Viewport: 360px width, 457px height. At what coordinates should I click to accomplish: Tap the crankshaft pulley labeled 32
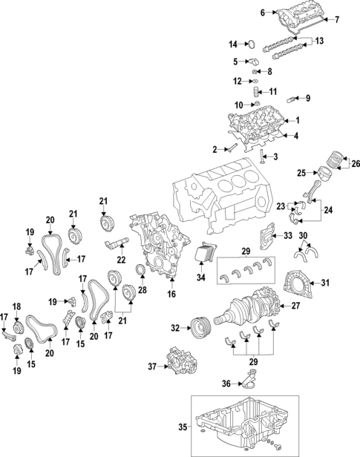[199, 327]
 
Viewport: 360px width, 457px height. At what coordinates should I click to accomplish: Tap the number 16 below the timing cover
[172, 295]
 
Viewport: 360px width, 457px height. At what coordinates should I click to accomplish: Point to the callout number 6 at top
[241, 13]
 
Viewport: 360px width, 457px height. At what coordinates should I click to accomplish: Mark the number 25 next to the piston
[301, 173]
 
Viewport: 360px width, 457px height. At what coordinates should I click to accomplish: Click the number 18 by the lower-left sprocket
[16, 306]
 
